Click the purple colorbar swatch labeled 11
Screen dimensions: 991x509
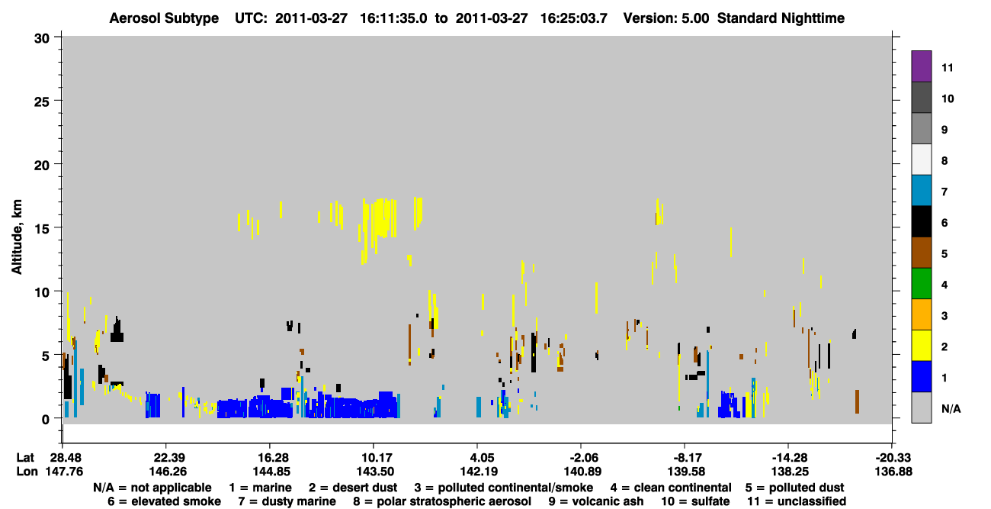coord(921,66)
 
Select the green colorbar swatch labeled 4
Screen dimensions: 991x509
coord(921,284)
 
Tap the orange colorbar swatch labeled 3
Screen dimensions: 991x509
coord(921,314)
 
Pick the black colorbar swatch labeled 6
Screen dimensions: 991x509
coord(921,221)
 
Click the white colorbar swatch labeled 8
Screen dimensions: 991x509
coord(921,159)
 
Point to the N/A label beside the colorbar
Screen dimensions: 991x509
coord(951,409)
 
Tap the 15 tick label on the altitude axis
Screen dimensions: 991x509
coord(42,229)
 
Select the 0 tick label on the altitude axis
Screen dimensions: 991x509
coord(46,420)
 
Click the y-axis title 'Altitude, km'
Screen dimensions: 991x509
coord(16,237)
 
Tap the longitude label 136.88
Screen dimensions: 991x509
coord(893,472)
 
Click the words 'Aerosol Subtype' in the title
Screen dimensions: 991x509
coord(164,18)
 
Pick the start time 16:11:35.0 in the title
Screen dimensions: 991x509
coord(393,18)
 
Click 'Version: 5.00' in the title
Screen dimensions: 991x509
coord(665,18)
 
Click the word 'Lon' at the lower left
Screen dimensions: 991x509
coord(27,472)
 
